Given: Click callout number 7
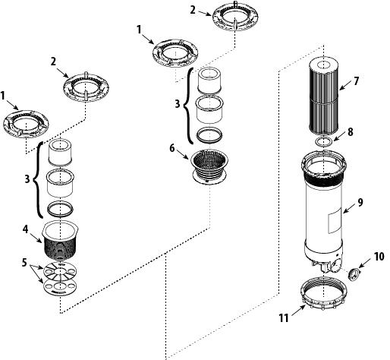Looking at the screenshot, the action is click(x=356, y=81).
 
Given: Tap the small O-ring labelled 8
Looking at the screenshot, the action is click(x=324, y=141).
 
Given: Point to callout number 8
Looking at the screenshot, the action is click(x=350, y=132).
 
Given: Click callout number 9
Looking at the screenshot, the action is click(x=360, y=202).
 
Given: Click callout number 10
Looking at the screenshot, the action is click(x=379, y=257).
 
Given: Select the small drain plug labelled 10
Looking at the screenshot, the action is click(x=354, y=274).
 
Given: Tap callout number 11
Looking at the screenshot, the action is click(x=284, y=317).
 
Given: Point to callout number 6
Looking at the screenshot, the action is click(x=172, y=148).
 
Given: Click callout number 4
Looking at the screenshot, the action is click(x=25, y=229).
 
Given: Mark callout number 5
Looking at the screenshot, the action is click(x=24, y=263).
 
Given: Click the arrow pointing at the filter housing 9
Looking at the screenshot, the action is click(x=349, y=209).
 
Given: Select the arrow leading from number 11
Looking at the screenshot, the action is click(x=298, y=311).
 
